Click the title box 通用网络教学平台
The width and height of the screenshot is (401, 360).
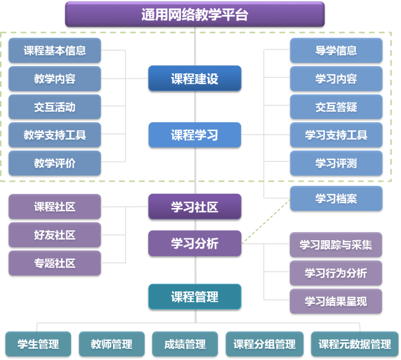195,14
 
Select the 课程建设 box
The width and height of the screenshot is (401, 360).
195,78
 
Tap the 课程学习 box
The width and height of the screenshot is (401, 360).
195,135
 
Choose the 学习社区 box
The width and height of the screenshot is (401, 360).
195,207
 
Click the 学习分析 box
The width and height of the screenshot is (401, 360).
195,243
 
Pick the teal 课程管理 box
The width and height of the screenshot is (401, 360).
195,296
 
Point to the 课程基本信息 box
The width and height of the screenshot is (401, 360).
54,51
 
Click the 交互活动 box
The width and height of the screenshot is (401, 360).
54,107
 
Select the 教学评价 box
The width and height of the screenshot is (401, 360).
54,163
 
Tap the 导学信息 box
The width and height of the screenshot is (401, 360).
336,51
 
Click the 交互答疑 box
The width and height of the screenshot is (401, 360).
336,107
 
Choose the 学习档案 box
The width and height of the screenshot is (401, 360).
336,199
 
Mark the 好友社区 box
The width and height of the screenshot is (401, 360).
54,235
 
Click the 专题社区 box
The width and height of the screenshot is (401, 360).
54,263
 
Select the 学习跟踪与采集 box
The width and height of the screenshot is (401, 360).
336,245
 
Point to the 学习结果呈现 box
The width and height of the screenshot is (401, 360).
336,301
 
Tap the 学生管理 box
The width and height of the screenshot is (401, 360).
38,344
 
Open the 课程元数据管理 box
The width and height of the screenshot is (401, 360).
355,344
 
